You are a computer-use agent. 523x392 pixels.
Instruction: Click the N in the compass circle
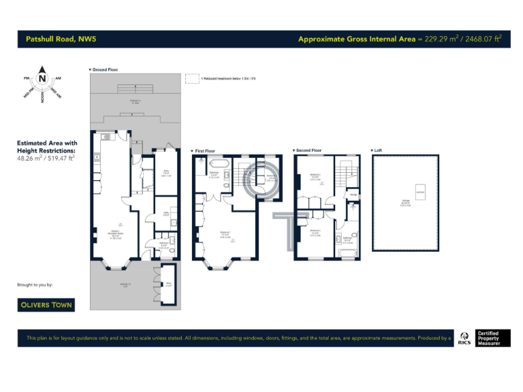[42, 78]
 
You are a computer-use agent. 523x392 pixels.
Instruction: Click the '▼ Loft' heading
[377, 150]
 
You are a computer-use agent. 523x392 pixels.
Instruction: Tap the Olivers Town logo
[45, 305]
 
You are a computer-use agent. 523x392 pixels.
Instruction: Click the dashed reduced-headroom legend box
[192, 78]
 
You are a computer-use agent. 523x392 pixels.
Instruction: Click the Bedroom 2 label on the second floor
[315, 176]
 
